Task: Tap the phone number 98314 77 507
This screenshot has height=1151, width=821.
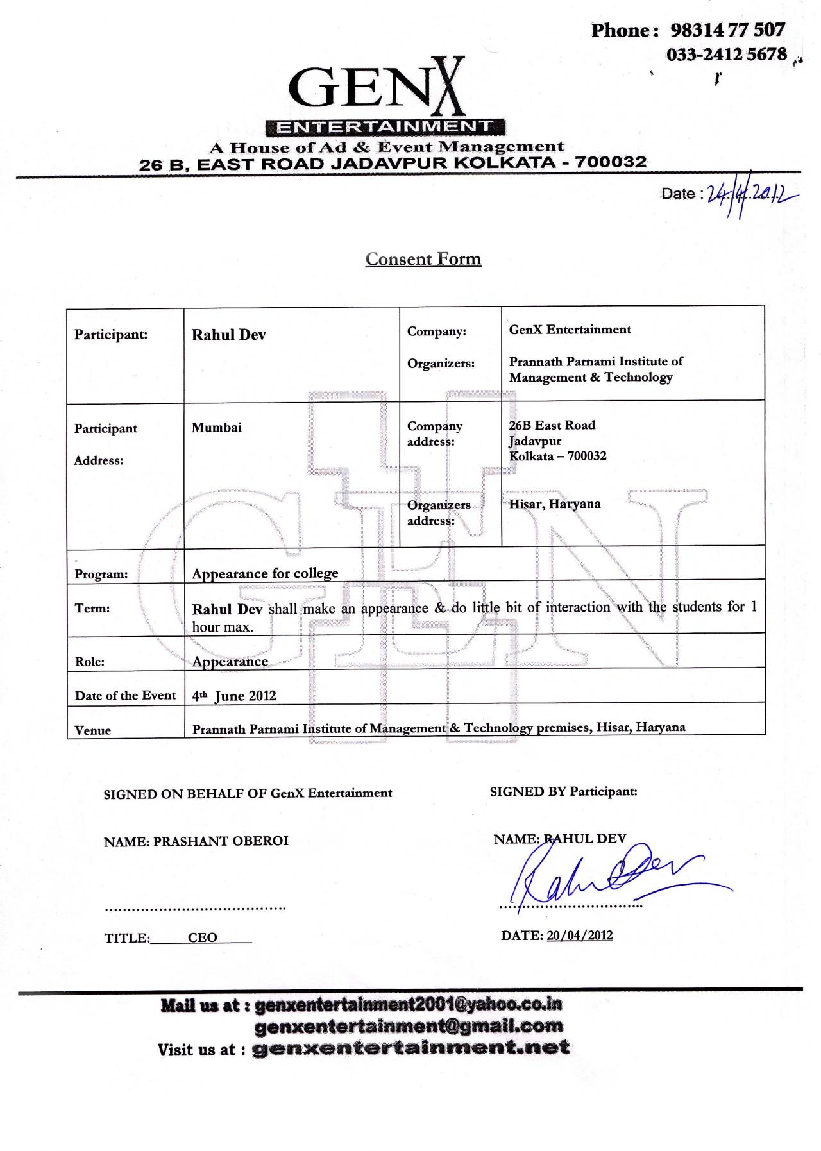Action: [727, 30]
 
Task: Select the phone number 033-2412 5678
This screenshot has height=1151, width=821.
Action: [726, 55]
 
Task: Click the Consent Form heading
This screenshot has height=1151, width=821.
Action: [423, 259]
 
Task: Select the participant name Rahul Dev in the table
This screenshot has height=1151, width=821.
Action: [228, 335]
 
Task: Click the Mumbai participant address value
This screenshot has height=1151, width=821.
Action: [217, 428]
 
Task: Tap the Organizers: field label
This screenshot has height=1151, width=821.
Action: [441, 364]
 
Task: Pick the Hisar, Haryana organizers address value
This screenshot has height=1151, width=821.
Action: [555, 504]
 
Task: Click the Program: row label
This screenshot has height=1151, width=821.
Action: [101, 575]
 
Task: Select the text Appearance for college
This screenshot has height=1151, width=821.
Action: [265, 573]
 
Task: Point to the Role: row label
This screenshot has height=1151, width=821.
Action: [90, 662]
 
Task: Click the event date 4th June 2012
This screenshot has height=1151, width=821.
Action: [234, 696]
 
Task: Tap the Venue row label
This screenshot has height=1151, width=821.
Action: [93, 730]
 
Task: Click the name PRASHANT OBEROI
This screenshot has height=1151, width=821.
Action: [221, 841]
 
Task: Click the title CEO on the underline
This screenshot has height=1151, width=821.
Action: [203, 937]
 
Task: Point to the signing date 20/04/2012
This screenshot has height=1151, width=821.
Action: [580, 936]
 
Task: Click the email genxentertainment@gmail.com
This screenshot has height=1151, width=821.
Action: [409, 1026]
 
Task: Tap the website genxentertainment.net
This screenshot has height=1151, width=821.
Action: [411, 1048]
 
